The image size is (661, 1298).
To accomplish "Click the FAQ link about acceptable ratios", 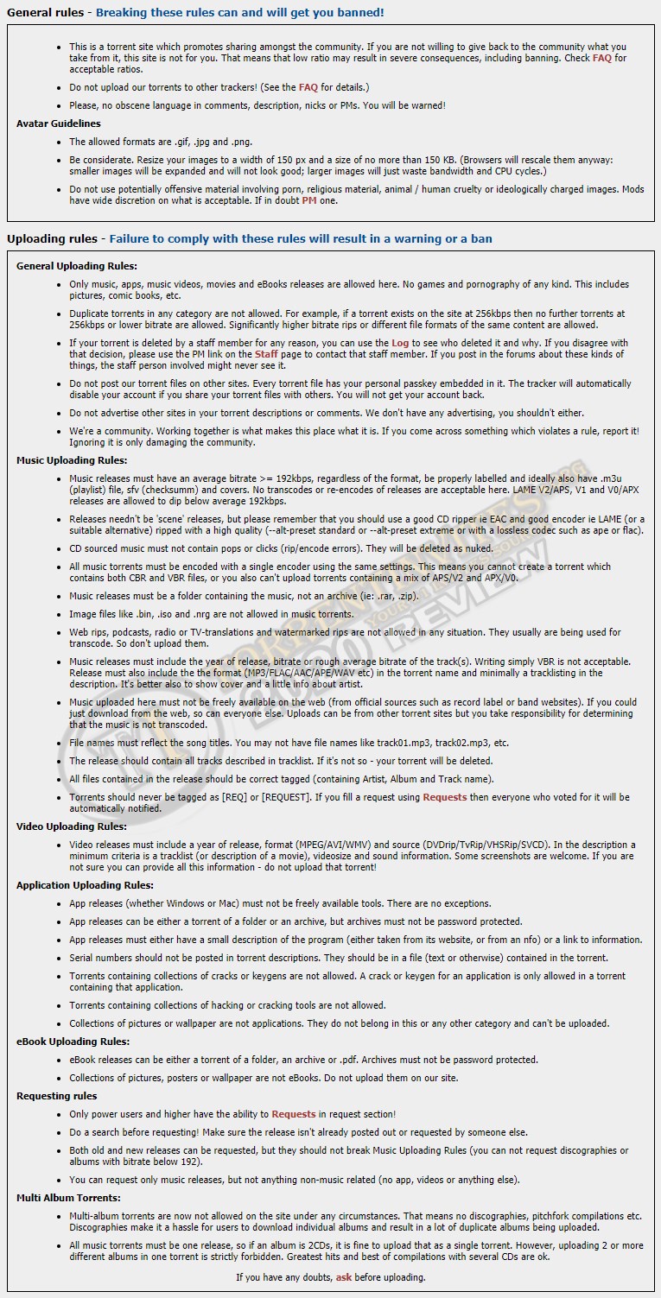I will coord(601,58).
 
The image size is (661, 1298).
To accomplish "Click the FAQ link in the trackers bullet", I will coord(308,87).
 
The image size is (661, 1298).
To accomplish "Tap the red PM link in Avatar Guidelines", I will coord(308,200).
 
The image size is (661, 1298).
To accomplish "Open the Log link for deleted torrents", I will coord(400,343).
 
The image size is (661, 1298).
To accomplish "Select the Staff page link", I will coord(266,354).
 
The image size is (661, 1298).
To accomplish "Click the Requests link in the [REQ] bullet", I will coord(444,797).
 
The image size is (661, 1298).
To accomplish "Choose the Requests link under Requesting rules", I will coord(294,1114).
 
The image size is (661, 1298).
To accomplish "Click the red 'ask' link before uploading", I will coord(344,1276).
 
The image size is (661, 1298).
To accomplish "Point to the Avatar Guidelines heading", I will coord(58,123).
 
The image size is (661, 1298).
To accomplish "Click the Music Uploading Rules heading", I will coord(72,460).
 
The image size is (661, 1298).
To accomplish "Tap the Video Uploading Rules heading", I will coord(72,826).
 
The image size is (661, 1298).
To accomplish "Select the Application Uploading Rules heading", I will coord(85,885).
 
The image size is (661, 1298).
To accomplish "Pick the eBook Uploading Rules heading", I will coord(73,1042).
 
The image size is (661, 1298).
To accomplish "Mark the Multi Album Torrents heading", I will coord(68,1198).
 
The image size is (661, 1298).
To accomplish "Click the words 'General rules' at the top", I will coord(46,12).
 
